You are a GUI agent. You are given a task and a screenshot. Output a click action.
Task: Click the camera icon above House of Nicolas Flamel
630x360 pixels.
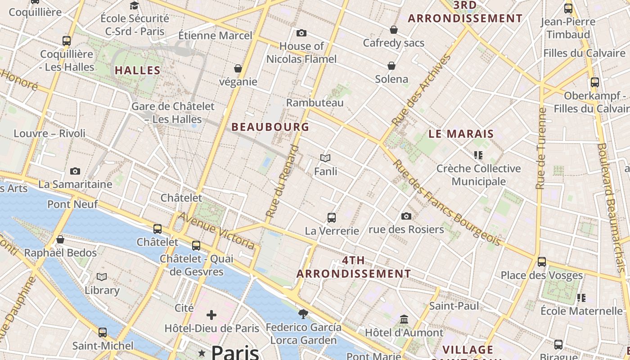point(301,33)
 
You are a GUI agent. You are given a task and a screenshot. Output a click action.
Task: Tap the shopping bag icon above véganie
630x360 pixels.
point(238,68)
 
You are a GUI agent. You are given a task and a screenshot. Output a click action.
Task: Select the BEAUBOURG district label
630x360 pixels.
point(270,127)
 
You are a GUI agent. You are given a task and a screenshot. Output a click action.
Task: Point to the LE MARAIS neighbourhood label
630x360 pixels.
point(461,134)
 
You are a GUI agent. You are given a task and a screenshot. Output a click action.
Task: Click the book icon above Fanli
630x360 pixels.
point(325,158)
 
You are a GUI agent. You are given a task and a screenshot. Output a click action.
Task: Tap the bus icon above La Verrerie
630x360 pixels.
point(332,218)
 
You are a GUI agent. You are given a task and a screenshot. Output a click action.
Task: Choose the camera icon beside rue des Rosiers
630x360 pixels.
point(406,216)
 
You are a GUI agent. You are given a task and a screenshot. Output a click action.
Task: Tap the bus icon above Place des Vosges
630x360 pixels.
point(542,262)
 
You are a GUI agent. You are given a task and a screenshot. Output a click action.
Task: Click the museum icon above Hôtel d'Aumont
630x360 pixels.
point(404,319)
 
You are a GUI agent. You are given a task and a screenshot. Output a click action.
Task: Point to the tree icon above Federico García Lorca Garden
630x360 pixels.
point(303,314)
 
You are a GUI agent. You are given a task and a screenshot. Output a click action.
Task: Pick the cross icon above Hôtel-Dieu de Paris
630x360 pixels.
point(211,315)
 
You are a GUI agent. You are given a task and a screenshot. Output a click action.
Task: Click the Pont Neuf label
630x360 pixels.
point(72,204)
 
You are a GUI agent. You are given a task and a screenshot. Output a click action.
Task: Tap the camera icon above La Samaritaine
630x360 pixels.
point(75,171)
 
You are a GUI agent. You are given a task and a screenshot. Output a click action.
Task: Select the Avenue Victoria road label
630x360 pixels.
point(217,231)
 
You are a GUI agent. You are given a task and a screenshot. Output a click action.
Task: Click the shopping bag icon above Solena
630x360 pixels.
point(392,66)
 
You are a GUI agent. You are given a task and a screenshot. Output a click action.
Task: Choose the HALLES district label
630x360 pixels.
point(138,70)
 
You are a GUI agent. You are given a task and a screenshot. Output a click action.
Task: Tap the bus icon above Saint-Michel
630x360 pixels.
point(103,333)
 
